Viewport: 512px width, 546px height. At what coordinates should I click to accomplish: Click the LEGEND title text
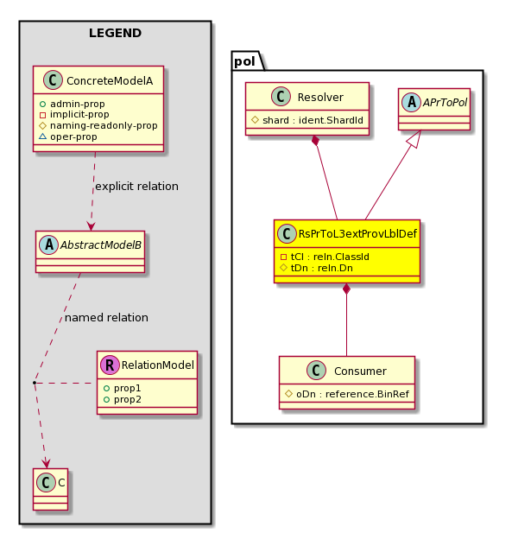coord(115,33)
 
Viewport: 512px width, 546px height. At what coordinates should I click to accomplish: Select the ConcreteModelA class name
coord(110,81)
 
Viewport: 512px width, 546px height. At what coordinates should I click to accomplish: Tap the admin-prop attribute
coord(77,104)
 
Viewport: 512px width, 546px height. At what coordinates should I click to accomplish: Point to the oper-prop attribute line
coord(73,136)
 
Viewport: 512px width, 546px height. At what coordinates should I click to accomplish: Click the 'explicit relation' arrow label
coord(136,187)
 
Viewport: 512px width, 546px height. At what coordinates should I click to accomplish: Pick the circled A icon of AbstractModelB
coord(48,245)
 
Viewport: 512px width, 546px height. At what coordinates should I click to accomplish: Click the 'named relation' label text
coord(106,318)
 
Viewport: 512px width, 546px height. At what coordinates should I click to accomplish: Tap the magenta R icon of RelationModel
coord(110,365)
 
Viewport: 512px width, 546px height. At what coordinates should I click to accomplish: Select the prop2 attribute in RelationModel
coord(128,399)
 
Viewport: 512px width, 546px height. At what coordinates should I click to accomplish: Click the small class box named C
coord(50,489)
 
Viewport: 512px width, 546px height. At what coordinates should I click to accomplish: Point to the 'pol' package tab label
coord(244,61)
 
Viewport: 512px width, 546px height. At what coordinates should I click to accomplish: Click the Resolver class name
coord(320,97)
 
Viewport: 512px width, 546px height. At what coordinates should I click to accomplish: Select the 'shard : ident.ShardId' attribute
coord(313,120)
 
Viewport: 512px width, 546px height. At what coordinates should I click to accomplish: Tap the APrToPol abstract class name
coord(445,102)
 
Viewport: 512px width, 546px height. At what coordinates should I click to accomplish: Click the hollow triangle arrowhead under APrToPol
coord(415,138)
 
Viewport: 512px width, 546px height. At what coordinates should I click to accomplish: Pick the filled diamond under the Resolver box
coord(315,141)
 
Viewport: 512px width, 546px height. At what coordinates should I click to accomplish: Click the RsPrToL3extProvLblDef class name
coord(357,233)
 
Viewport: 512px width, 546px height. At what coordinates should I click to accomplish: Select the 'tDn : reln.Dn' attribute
coord(321,268)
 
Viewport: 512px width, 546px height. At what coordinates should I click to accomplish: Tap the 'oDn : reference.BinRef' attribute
coord(352,394)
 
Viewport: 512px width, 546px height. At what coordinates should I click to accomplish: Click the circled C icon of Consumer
coord(316,370)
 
